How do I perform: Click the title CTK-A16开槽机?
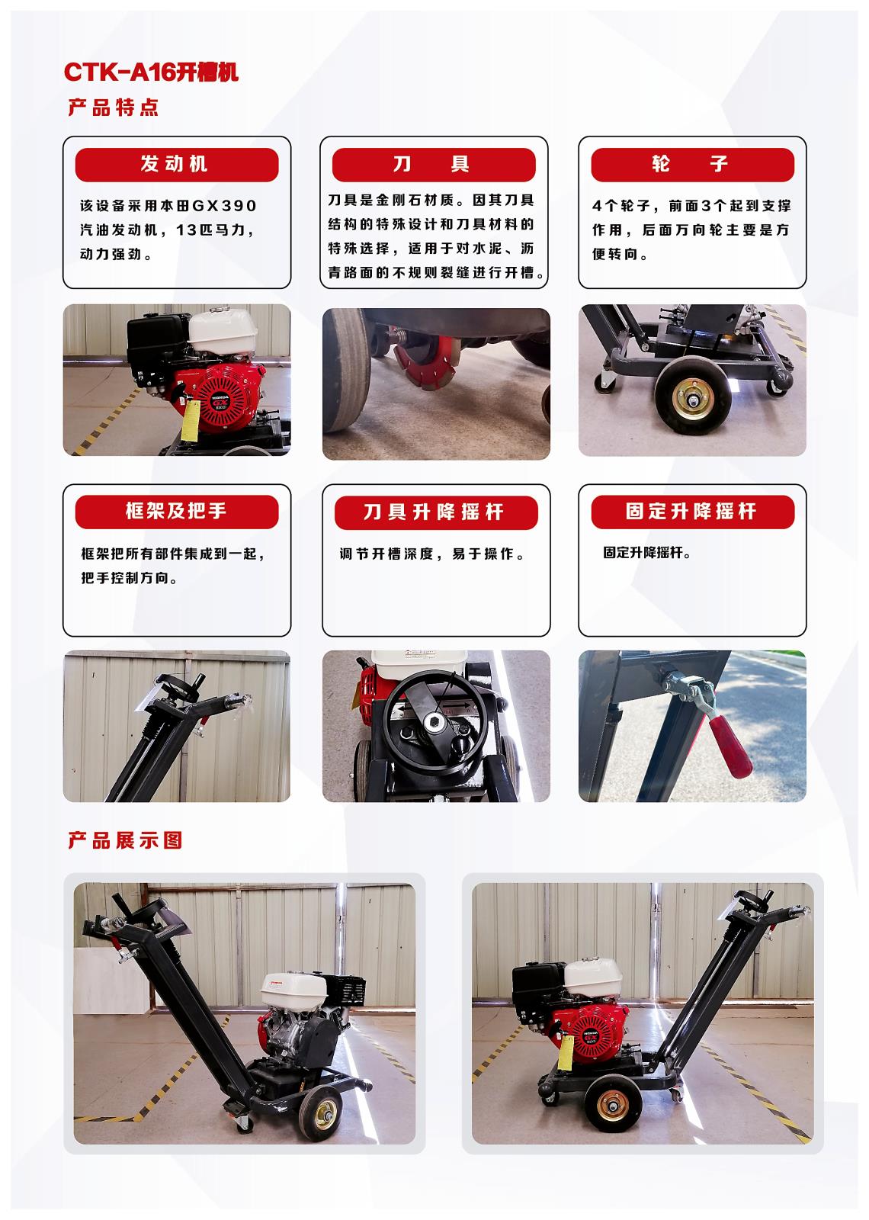point(152,72)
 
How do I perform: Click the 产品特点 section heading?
point(114,108)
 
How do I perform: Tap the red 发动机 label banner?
point(177,165)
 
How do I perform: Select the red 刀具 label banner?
point(434,165)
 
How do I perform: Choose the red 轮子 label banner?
point(693,165)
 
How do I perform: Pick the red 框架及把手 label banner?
point(177,512)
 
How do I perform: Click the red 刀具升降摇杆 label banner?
point(436,512)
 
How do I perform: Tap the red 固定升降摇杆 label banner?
point(693,512)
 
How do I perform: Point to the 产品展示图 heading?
point(125,840)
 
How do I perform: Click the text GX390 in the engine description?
point(224,206)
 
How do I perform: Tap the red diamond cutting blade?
point(425,361)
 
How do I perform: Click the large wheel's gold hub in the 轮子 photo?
point(693,400)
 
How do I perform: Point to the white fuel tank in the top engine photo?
point(222,330)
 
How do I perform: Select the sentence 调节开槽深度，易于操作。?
point(433,554)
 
